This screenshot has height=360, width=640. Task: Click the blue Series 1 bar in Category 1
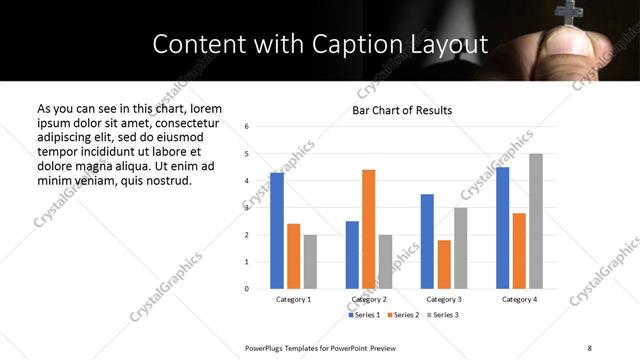[277, 231]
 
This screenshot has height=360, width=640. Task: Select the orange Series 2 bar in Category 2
[368, 229]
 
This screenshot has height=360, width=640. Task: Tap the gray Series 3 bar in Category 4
[536, 221]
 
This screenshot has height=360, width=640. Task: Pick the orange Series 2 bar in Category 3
[444, 264]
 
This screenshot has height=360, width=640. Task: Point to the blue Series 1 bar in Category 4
[502, 228]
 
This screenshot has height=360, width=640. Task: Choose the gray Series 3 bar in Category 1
[310, 262]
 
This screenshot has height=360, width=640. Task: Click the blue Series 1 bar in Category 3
[427, 241]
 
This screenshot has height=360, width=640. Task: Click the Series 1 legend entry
[364, 315]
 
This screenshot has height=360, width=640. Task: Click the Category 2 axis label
[368, 299]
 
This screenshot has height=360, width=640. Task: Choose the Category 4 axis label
[519, 299]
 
